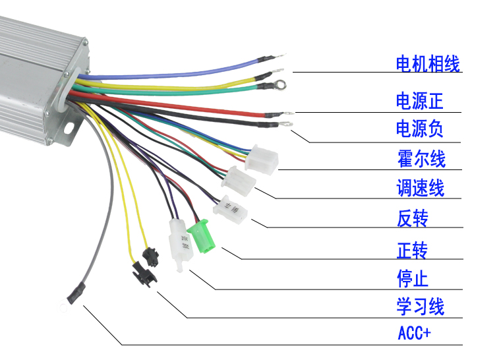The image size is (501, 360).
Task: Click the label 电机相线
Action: tap(427, 64)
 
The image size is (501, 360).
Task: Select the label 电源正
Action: tap(419, 101)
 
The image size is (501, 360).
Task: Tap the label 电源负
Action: tap(419, 129)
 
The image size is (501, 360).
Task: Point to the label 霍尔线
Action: tap(421, 159)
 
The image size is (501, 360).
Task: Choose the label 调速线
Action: tap(420, 189)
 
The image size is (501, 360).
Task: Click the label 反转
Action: tap(412, 218)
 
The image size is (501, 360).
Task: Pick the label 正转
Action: tap(412, 251)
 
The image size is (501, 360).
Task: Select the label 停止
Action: tap(412, 278)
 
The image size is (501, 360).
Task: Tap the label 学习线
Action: tap(420, 307)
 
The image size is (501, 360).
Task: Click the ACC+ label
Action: tap(414, 333)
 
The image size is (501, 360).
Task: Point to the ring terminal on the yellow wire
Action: tap(279, 84)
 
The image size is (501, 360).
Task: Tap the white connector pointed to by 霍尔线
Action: tap(261, 159)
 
